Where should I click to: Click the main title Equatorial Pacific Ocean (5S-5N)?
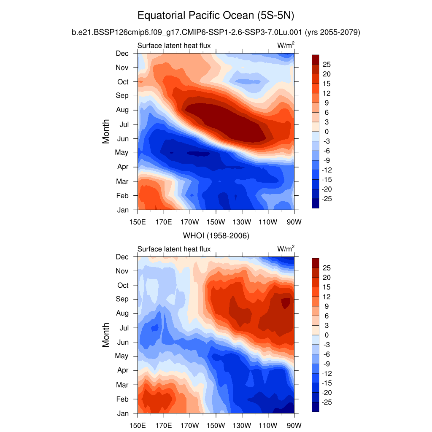tap(216, 16)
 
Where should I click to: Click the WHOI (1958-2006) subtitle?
tap(216, 236)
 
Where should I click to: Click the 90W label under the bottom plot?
tap(294, 424)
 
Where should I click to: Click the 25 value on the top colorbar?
tap(327, 64)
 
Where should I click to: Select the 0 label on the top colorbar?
tap(326, 132)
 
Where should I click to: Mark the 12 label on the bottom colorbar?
tap(327, 297)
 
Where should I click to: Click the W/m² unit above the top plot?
tap(286, 46)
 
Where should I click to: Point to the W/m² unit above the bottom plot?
tap(286, 249)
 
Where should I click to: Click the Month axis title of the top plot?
tap(106, 131)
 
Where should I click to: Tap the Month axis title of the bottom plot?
tap(106, 335)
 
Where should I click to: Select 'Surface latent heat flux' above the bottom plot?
tap(174, 249)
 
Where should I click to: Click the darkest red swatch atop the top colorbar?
tap(315, 59)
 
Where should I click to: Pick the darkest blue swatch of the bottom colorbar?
tap(315, 407)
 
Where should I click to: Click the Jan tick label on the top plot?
tap(122, 210)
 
